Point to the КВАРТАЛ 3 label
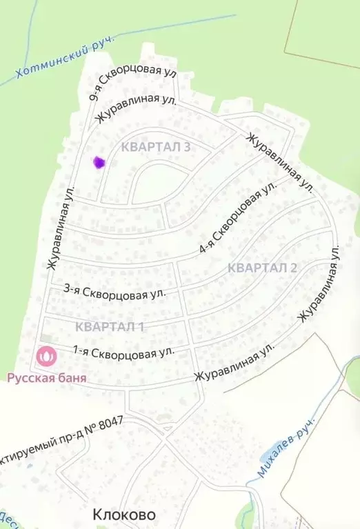[x=154, y=147]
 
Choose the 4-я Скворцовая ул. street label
[x=238, y=217]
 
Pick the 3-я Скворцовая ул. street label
[x=114, y=292]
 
